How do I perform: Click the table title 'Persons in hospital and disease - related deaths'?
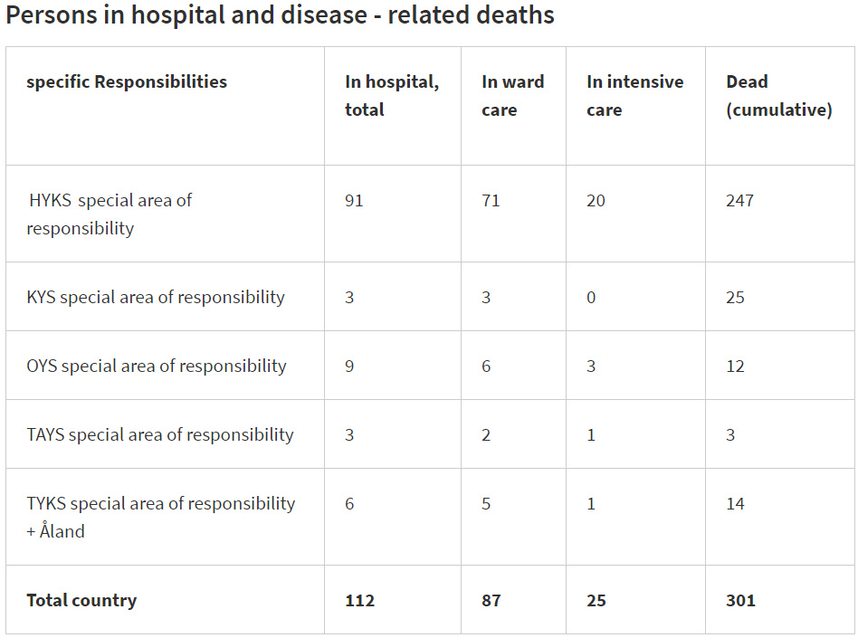[x=280, y=15]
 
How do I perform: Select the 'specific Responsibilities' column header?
[x=127, y=81]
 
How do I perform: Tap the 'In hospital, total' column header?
[x=391, y=95]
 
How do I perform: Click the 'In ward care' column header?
[x=512, y=95]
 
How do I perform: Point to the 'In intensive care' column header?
[x=634, y=95]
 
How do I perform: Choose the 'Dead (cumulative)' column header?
[x=778, y=95]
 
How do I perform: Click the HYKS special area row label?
[x=110, y=214]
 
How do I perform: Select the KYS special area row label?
[x=156, y=297]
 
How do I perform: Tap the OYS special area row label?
[x=157, y=366]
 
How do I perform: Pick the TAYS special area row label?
[x=160, y=434]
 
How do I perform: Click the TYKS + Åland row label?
[x=161, y=517]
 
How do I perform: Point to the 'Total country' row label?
[x=81, y=600]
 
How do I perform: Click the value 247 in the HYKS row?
[x=739, y=200]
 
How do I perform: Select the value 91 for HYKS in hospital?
[x=354, y=200]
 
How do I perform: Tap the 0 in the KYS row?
[x=591, y=297]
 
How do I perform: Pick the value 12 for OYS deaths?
[x=735, y=366]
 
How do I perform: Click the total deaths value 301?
[x=739, y=600]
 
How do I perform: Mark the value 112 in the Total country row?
[x=359, y=600]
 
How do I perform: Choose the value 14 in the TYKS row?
[x=735, y=503]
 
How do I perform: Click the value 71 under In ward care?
[x=491, y=200]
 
